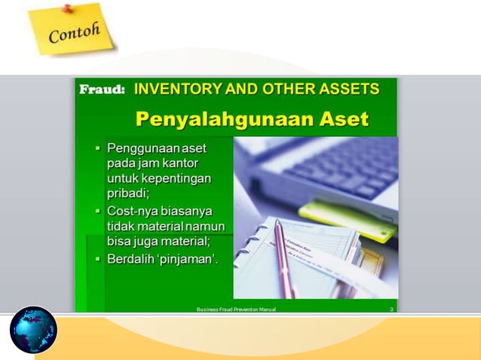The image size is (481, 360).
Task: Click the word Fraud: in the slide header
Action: (x=103, y=90)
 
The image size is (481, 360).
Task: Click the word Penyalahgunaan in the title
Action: (x=213, y=118)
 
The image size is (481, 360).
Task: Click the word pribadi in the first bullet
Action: (x=128, y=193)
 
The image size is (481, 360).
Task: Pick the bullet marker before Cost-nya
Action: (x=97, y=210)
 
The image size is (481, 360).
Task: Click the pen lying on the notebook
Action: (x=286, y=256)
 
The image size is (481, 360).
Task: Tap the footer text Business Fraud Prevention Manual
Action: (x=235, y=309)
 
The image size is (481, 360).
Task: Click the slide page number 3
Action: (x=391, y=309)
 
